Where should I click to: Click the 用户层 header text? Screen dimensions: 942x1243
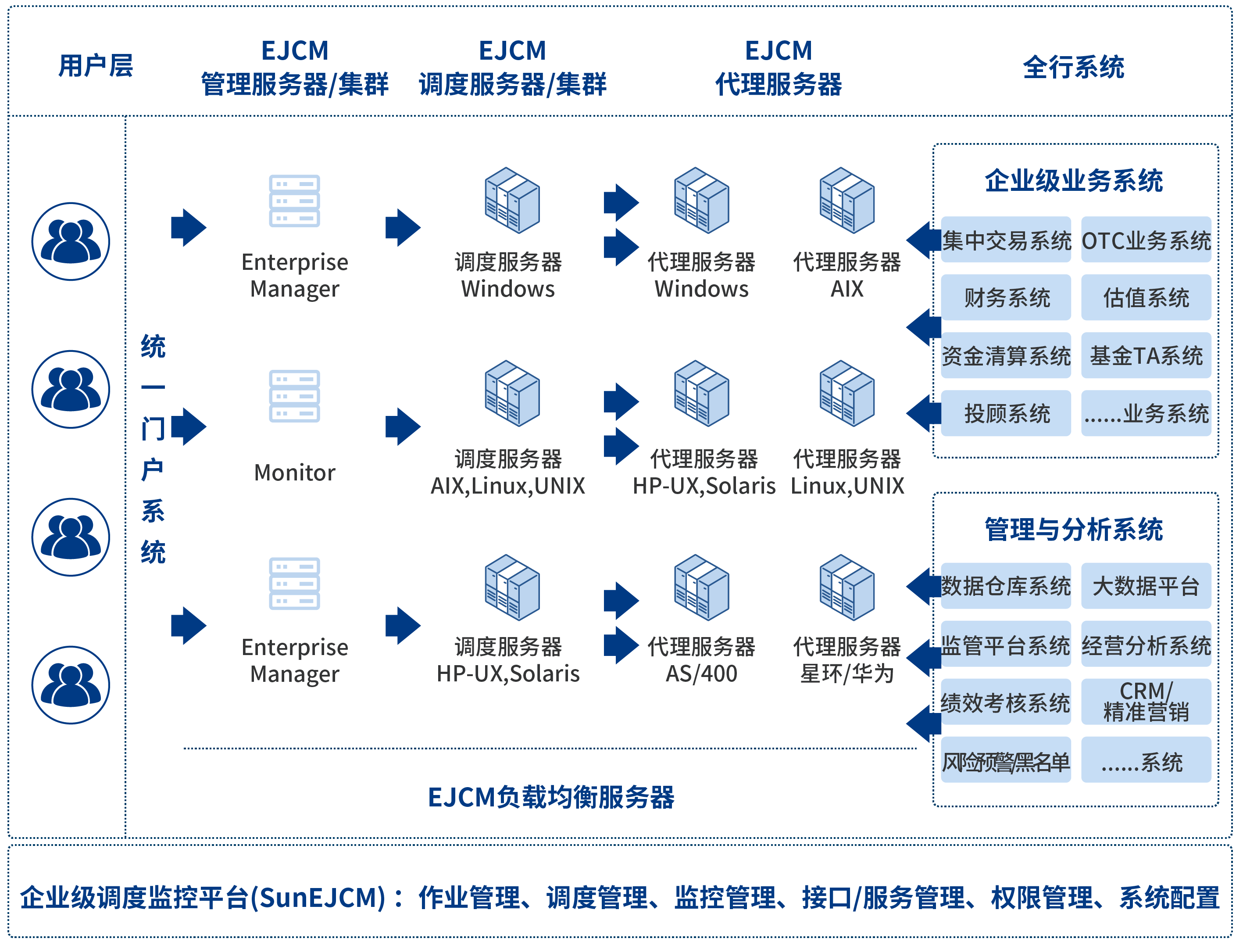(96, 66)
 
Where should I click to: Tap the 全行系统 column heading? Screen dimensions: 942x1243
(1073, 68)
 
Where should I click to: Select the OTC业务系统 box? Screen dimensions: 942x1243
(1146, 240)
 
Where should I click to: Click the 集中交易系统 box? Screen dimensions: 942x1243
(1006, 240)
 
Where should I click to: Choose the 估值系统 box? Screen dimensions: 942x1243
(1146, 298)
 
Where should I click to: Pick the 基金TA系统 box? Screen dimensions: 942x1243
(1146, 356)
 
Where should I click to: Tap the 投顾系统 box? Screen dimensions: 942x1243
(1006, 414)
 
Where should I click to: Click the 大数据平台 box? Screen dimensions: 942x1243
(1146, 586)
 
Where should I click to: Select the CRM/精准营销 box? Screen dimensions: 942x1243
(1146, 702)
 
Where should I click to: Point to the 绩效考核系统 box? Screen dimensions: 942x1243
(1006, 702)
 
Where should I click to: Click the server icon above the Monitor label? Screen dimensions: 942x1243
(294, 396)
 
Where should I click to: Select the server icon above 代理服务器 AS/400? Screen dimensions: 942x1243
(701, 587)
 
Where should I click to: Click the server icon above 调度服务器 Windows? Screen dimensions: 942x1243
(512, 200)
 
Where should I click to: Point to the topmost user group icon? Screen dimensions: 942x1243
(71, 241)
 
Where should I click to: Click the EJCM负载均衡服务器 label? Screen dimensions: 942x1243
(551, 797)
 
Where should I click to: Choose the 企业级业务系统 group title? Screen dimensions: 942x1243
(1073, 181)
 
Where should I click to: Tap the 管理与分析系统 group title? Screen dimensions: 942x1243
(1073, 530)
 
